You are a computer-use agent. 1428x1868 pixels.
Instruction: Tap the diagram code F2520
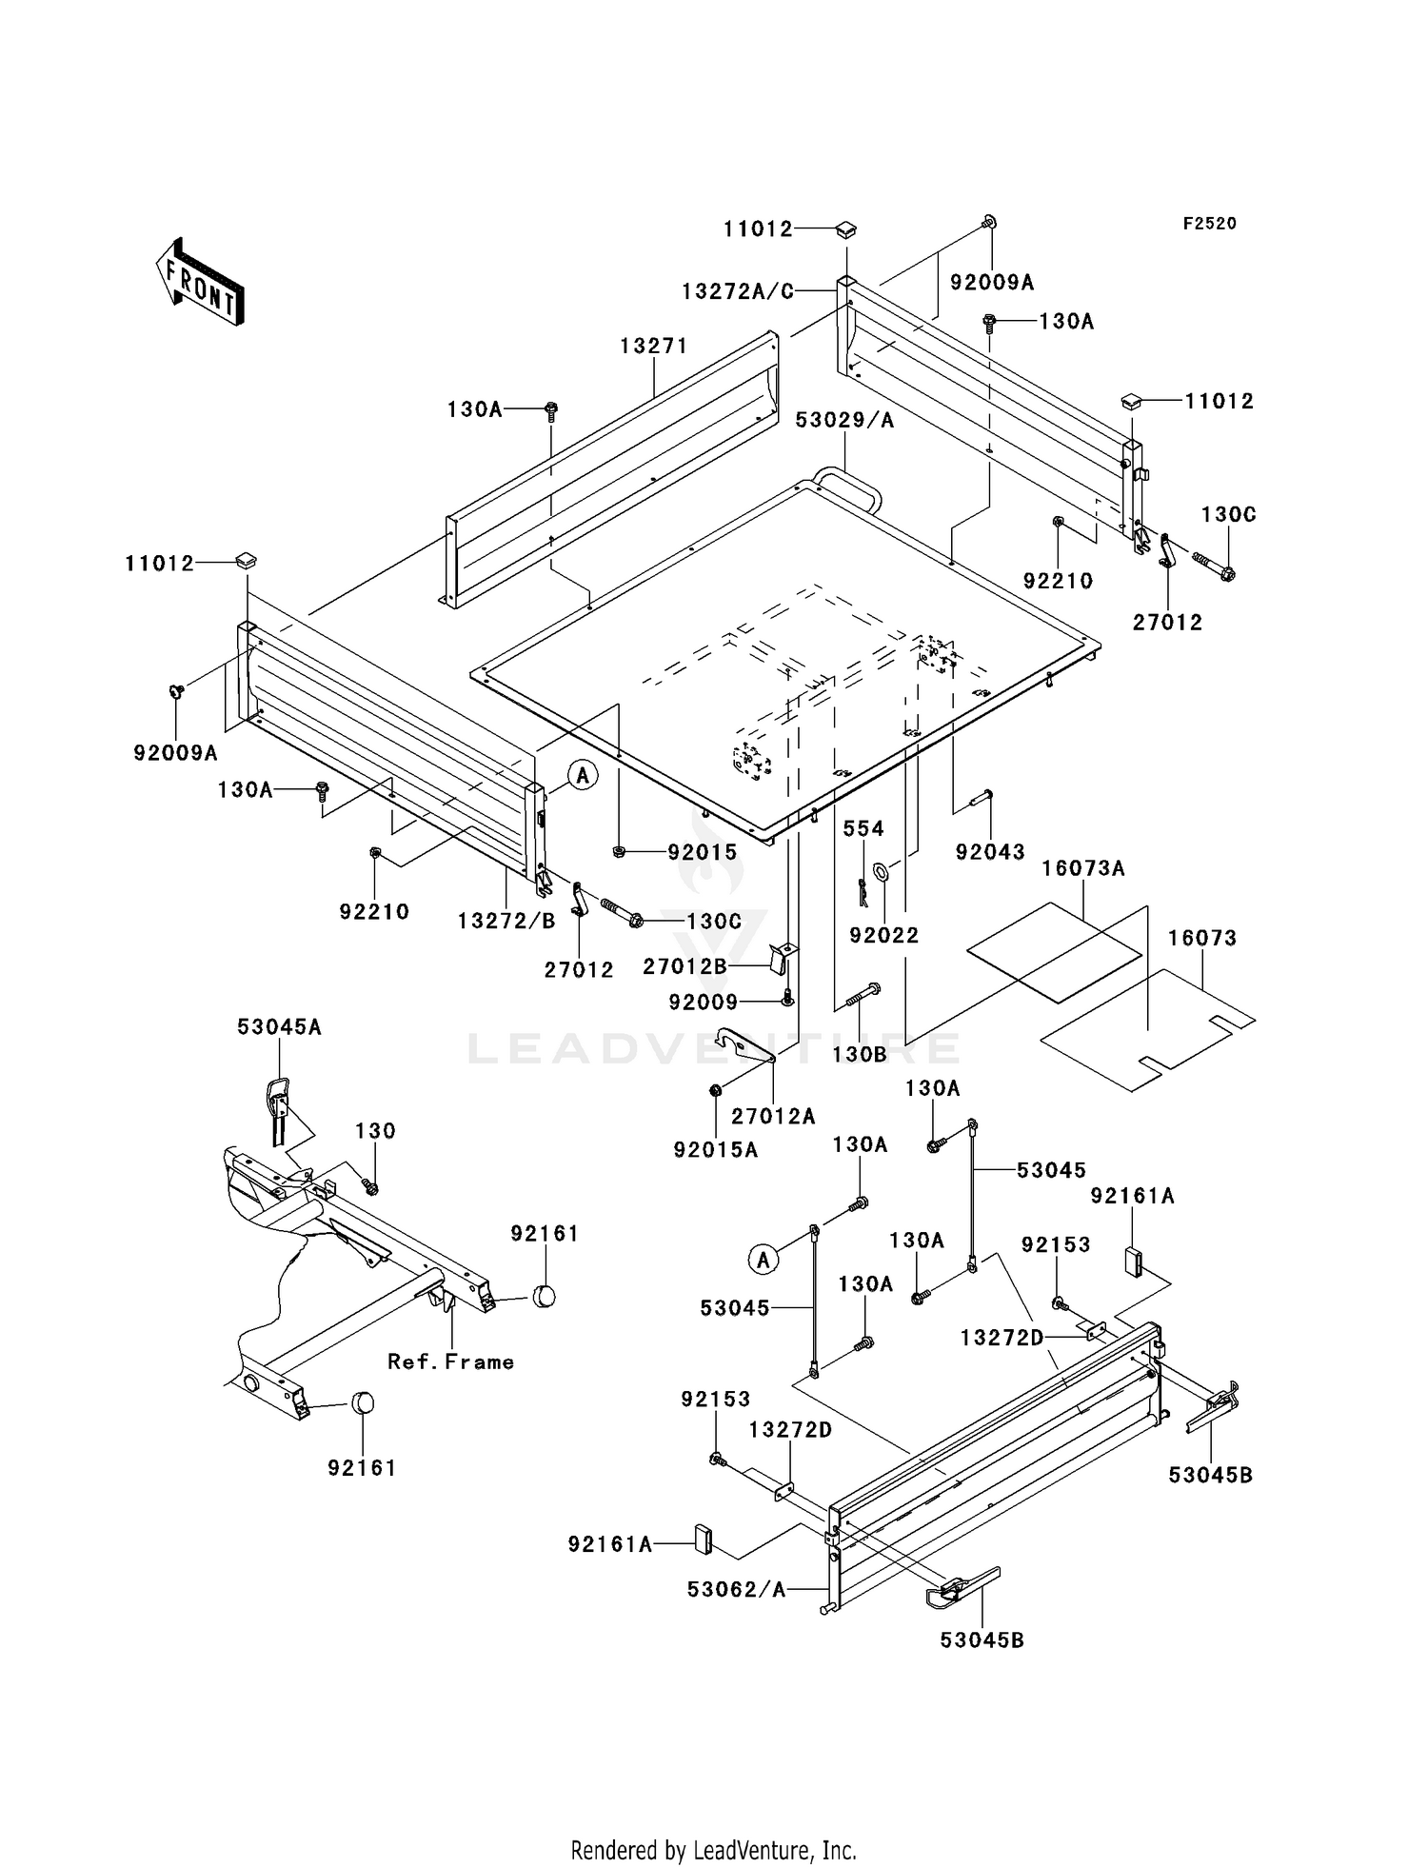(x=1209, y=224)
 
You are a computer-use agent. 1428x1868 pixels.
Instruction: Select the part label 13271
(x=653, y=347)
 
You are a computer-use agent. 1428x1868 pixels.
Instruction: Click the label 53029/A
(x=844, y=420)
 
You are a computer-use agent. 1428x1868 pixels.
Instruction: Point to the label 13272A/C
(x=738, y=291)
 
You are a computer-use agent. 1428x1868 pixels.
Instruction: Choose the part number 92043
(x=991, y=852)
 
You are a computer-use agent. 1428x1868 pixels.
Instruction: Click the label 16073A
(x=1082, y=868)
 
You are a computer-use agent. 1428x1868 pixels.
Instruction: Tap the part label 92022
(x=884, y=936)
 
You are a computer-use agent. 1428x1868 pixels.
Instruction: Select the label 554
(x=863, y=829)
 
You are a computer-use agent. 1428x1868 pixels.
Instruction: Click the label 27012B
(x=684, y=966)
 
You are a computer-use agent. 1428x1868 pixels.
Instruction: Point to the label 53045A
(x=279, y=1026)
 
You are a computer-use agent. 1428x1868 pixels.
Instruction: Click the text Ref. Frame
(x=450, y=1362)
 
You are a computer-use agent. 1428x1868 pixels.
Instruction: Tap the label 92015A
(x=716, y=1150)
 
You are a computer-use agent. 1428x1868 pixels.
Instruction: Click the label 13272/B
(x=506, y=921)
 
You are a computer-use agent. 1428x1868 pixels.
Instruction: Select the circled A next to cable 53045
(x=764, y=1261)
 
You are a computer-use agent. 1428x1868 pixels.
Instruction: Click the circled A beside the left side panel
(x=584, y=775)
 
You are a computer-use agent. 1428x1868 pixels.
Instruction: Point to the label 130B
(x=859, y=1054)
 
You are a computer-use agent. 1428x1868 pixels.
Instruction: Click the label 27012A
(x=772, y=1116)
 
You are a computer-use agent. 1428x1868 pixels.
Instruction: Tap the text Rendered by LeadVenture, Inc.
(x=713, y=1850)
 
